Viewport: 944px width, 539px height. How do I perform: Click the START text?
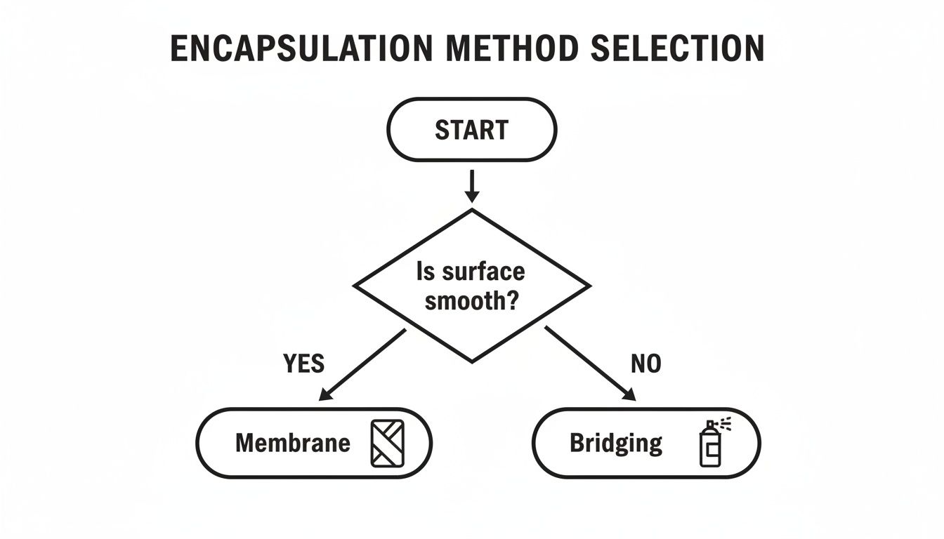(471, 130)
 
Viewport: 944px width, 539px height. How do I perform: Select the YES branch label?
(303, 364)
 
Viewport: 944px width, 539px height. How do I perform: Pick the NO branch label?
(645, 364)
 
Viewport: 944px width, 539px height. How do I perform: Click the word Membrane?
(292, 443)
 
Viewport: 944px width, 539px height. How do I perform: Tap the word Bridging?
(615, 443)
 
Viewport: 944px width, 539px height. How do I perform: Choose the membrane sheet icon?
(387, 443)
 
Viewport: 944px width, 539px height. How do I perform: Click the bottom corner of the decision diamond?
(472, 361)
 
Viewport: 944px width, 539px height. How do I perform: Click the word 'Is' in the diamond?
(426, 272)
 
